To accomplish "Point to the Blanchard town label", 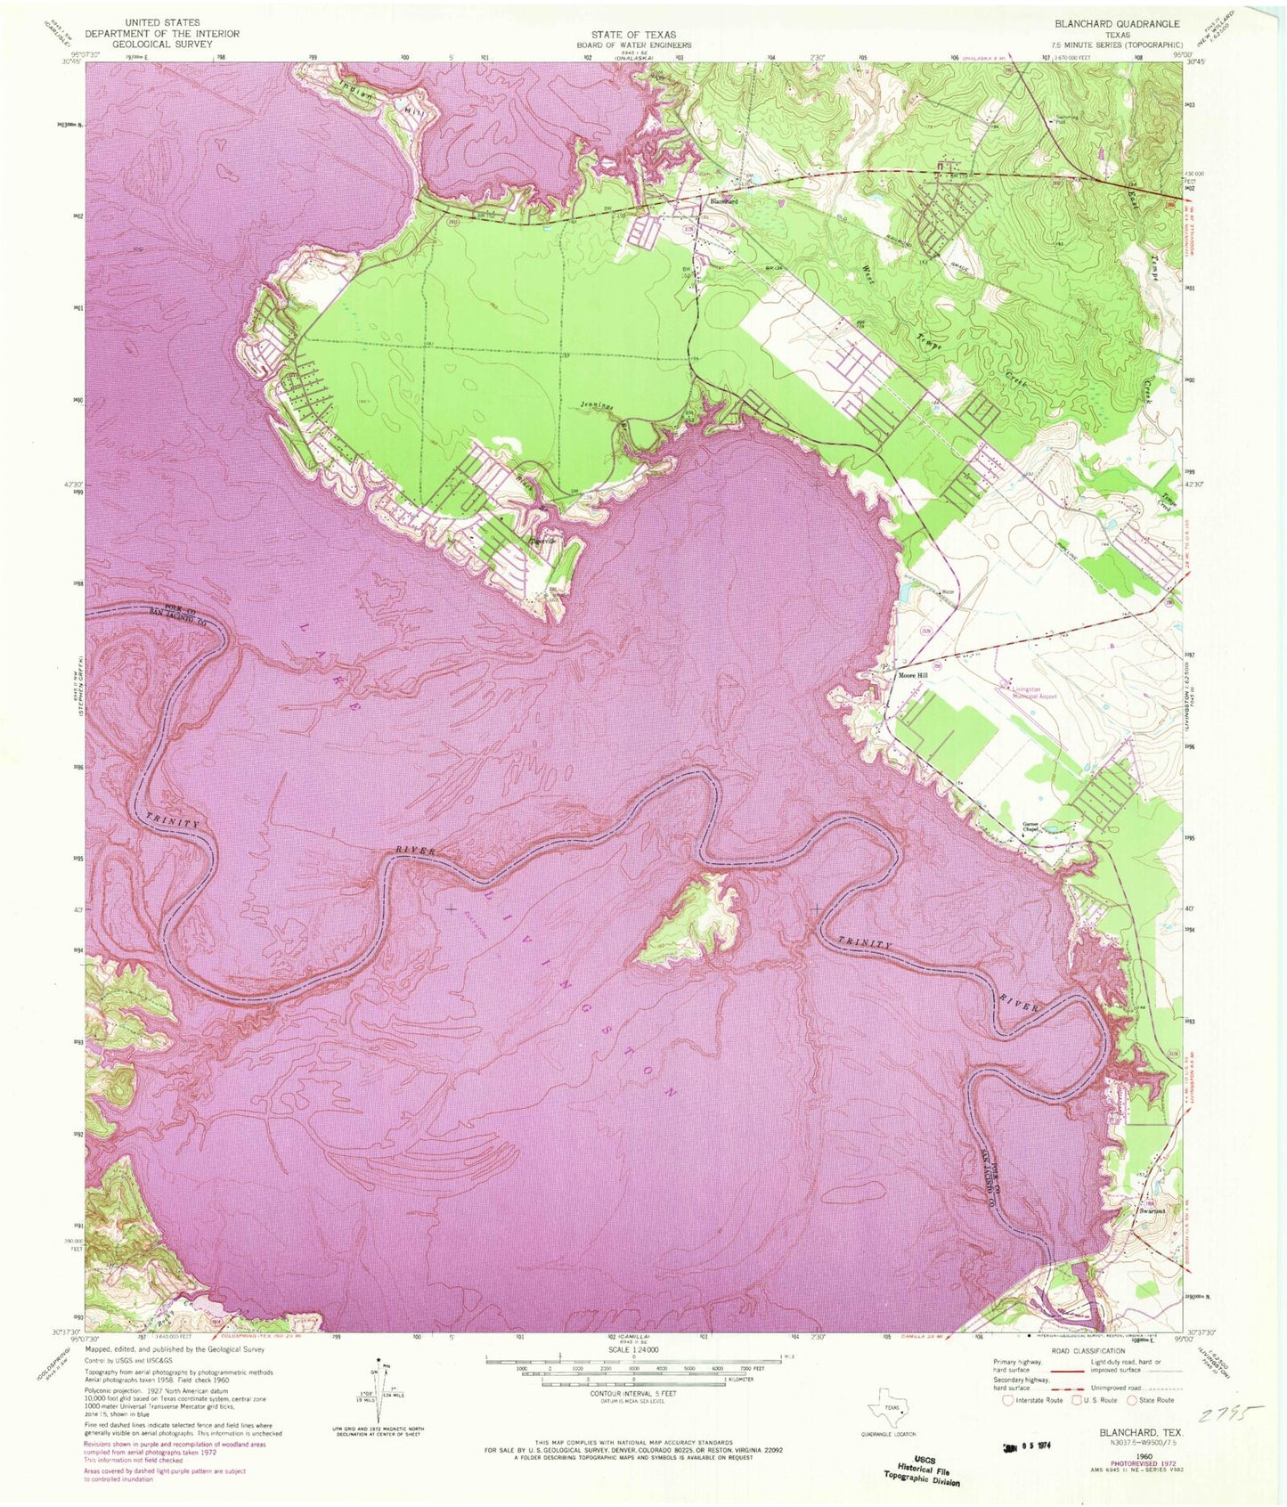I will (x=723, y=201).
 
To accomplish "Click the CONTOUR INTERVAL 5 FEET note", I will (x=631, y=1392).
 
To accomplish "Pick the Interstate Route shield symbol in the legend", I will (x=1007, y=1400).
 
